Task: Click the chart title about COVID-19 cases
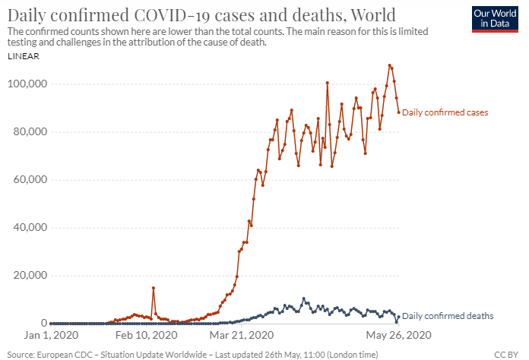point(202,14)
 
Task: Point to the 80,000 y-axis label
point(30,131)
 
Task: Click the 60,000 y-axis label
point(30,179)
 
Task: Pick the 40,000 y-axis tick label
point(30,227)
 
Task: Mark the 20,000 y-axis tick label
point(30,275)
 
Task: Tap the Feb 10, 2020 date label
point(146,335)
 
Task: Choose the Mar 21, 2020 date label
point(241,335)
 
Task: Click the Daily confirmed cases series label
point(445,112)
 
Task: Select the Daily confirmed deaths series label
point(448,315)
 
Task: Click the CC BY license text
point(505,354)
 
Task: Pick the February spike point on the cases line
point(154,288)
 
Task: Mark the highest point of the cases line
point(390,65)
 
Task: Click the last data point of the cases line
point(398,112)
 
